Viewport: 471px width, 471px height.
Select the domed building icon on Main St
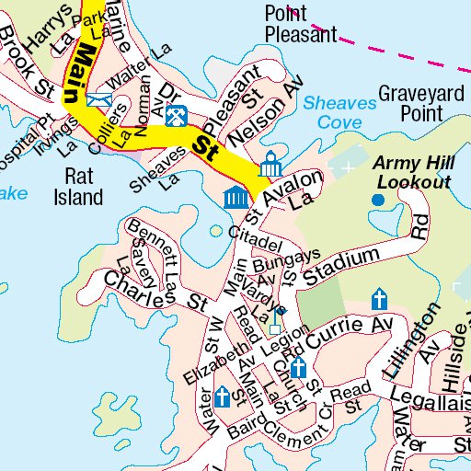270,167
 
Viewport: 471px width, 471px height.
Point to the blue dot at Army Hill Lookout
377,200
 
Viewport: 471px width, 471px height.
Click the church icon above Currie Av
378,299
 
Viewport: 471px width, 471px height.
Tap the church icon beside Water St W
222,396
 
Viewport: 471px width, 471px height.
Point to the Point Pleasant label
302,24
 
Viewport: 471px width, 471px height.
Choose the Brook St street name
27,65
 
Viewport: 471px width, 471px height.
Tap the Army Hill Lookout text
411,173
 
